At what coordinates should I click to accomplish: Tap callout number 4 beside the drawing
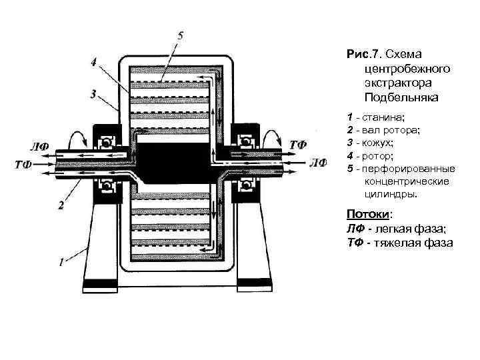click(94, 63)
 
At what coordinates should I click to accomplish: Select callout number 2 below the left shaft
click(61, 205)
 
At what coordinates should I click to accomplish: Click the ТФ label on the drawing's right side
click(298, 145)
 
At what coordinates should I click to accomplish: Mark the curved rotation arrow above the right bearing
click(273, 138)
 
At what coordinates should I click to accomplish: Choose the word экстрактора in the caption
click(397, 82)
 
